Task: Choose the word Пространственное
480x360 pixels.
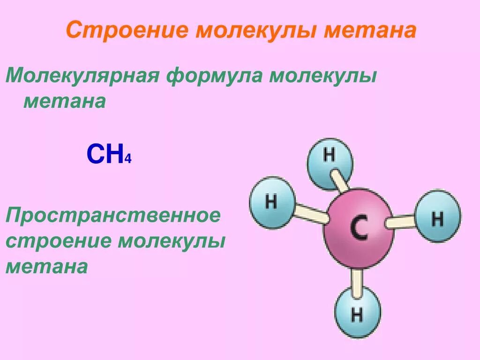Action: (113, 216)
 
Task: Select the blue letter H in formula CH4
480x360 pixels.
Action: (114, 154)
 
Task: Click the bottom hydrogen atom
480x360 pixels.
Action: (357, 313)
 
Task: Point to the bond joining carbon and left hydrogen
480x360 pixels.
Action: (309, 213)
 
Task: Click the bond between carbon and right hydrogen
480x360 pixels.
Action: (402, 221)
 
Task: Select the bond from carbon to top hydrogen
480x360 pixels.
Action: (338, 180)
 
